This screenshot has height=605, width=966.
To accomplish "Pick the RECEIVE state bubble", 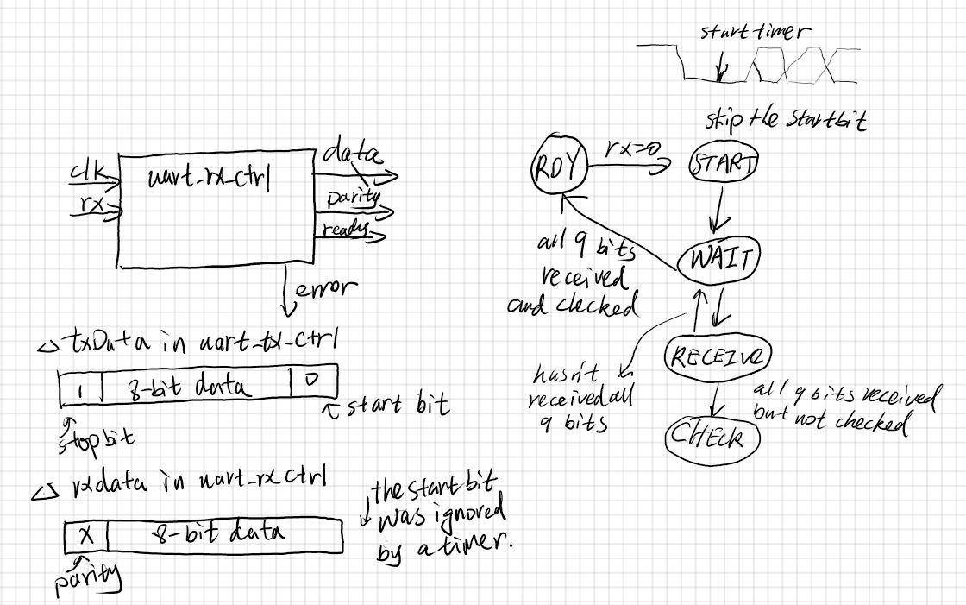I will coord(717,356).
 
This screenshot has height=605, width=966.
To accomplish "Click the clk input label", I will coord(85,176).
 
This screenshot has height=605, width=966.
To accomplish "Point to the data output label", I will coord(351,157).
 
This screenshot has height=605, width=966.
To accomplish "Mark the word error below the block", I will coord(323,290).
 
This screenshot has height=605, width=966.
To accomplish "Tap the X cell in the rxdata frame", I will coord(85,537).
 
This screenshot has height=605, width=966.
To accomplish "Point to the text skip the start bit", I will coord(784,121).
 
